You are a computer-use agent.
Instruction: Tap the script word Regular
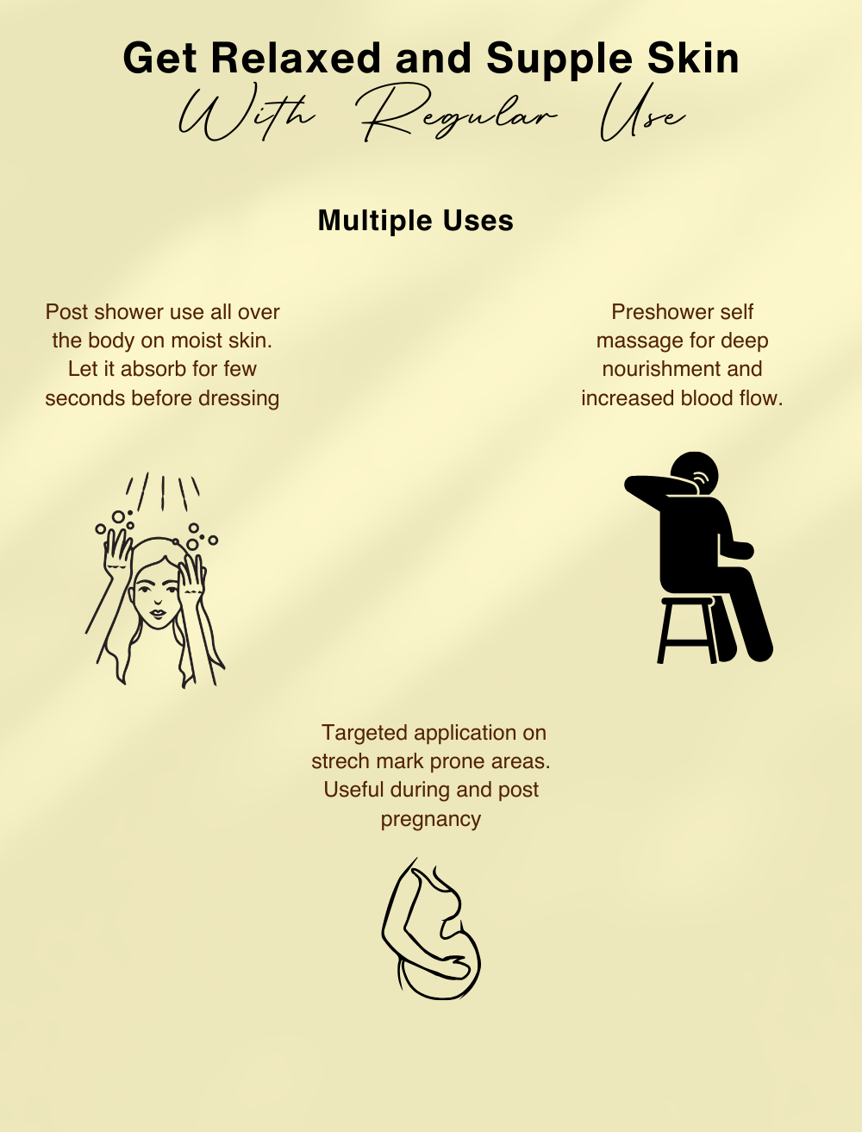[459, 114]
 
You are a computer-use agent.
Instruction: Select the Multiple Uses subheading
[415, 221]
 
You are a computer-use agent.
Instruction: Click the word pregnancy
[431, 820]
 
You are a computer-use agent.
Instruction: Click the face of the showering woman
[157, 597]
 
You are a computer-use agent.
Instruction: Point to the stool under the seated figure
[688, 630]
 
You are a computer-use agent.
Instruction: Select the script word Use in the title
[642, 115]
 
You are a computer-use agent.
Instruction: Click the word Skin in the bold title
[693, 59]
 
